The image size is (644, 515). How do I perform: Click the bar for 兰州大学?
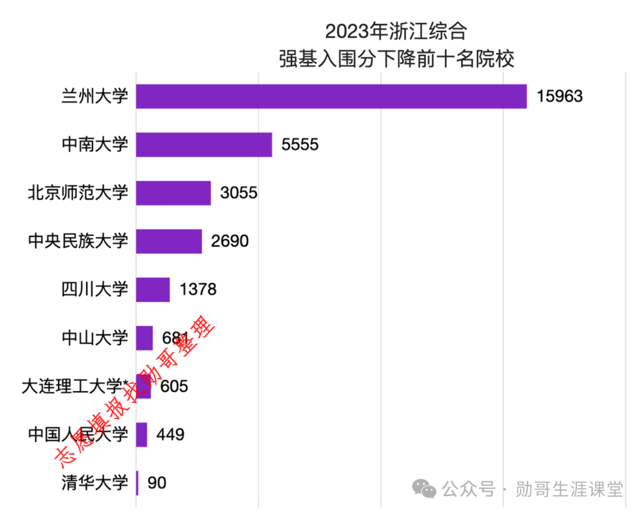(331, 97)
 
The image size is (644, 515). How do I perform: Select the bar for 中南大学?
(204, 145)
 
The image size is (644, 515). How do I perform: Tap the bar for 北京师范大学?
(174, 193)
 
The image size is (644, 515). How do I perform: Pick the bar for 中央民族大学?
(169, 241)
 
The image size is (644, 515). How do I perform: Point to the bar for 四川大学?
(153, 290)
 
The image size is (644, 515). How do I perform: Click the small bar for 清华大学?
(137, 483)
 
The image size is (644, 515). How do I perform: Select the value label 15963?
(559, 97)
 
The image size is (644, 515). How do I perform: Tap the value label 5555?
(301, 145)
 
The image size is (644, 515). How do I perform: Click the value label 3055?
(239, 193)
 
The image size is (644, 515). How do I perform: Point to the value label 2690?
(230, 241)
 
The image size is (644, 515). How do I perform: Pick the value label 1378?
(198, 290)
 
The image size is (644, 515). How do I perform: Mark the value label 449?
(171, 435)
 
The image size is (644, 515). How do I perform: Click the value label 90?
(157, 483)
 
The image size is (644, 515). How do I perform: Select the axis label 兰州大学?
(95, 97)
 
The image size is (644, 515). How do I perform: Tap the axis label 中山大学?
(95, 338)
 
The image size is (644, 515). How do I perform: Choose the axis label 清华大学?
(95, 483)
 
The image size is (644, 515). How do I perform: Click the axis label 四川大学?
(95, 290)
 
